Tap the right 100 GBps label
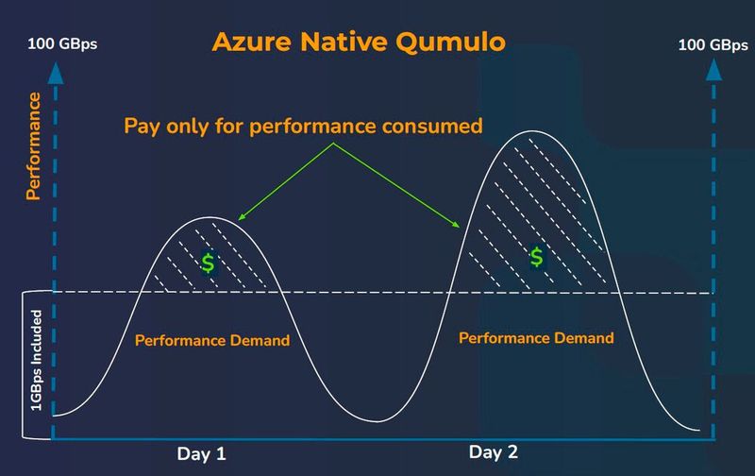click(713, 43)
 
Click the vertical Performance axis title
click(33, 146)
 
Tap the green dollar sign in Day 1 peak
click(208, 263)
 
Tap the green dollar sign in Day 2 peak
click(537, 256)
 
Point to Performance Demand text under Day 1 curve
click(212, 340)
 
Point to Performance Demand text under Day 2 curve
click(536, 337)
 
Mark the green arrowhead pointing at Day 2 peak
click(460, 226)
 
